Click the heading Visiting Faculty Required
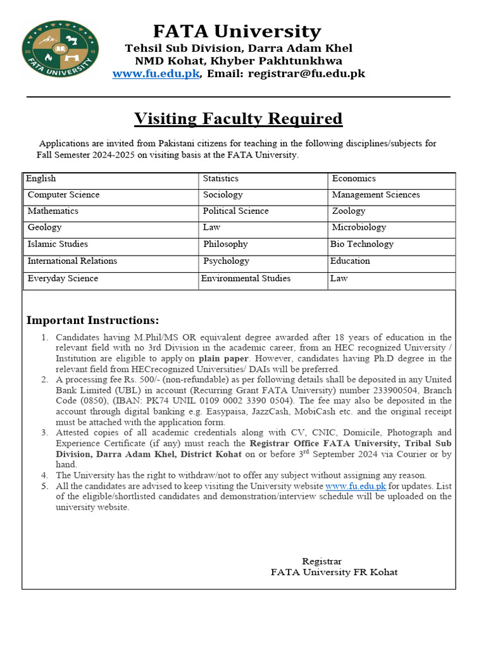pos(238,118)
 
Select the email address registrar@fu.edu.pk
pos(306,74)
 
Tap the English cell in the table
pos(41,179)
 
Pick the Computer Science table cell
pos(63,195)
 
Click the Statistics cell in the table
pos(221,179)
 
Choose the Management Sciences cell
pos(375,195)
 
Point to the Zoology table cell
pos(348,211)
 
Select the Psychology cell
pos(226,261)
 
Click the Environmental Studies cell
pos(246,278)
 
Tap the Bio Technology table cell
pos(361,244)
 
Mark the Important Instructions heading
pos(93,320)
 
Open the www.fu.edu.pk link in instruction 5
pos(355,486)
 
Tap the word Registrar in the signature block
pos(321,561)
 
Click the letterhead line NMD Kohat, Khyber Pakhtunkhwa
pos(238,61)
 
